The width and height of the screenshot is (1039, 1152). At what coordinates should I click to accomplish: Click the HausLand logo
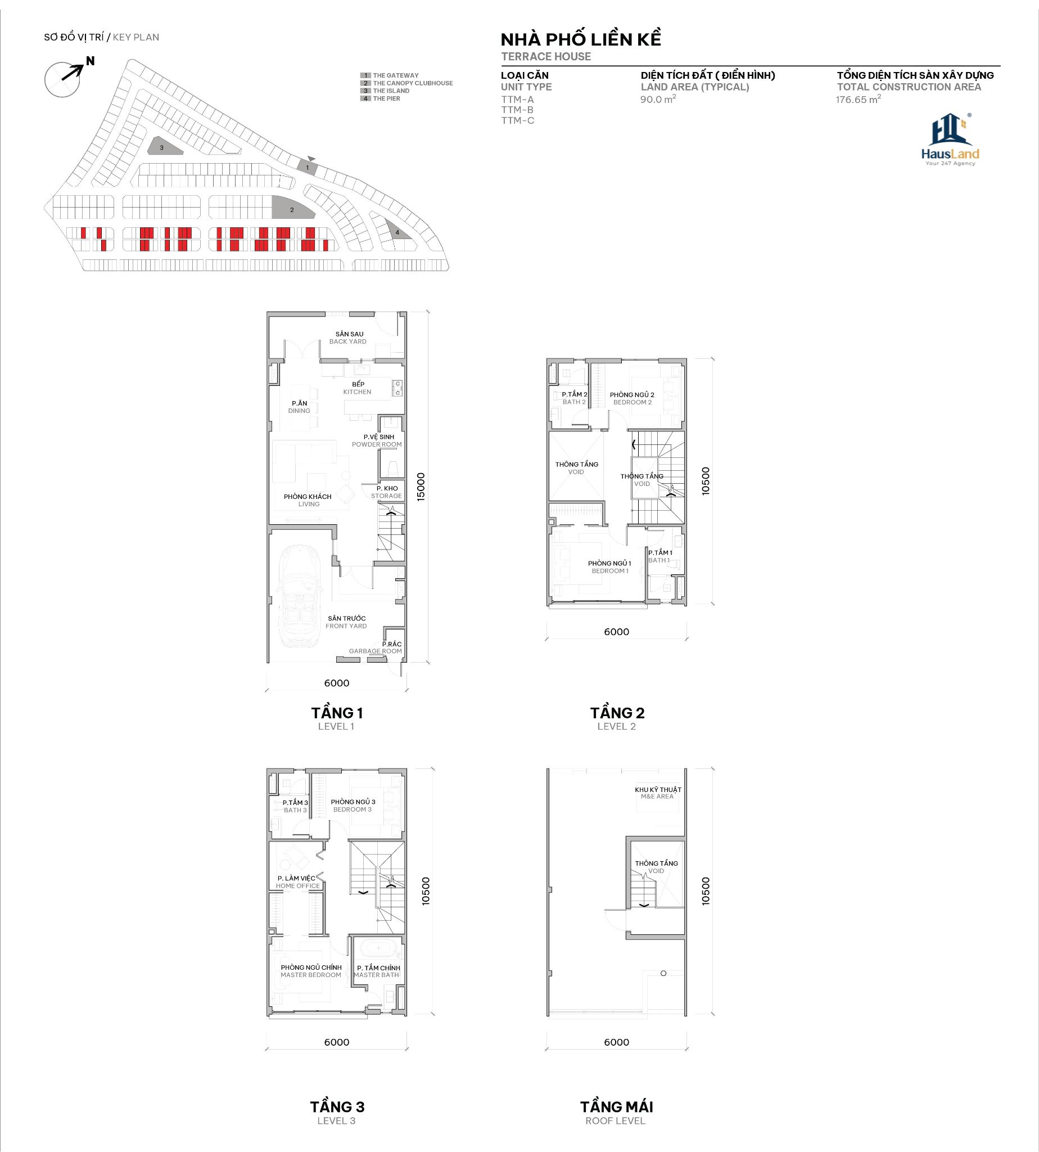click(x=950, y=140)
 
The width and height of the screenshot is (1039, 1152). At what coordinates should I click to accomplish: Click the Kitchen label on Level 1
click(x=358, y=388)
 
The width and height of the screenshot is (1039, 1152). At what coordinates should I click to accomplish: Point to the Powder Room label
click(x=377, y=440)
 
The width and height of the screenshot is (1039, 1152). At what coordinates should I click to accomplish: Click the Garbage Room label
click(x=376, y=647)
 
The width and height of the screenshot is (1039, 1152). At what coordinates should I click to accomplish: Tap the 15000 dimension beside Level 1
click(x=421, y=487)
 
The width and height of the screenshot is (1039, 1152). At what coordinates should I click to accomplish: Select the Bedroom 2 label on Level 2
click(x=632, y=398)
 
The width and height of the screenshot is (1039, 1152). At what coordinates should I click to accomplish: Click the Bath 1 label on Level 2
click(x=660, y=556)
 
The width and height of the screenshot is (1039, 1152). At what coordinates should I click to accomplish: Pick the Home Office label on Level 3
click(x=297, y=882)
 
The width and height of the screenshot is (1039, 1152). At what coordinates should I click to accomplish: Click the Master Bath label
click(x=377, y=971)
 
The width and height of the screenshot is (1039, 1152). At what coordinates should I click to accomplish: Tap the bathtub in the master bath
click(x=377, y=949)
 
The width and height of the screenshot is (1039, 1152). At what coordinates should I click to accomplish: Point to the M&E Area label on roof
click(x=658, y=793)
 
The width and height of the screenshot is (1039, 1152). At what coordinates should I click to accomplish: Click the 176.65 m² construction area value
click(x=858, y=100)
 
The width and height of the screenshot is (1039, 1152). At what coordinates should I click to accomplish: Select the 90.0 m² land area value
click(x=658, y=100)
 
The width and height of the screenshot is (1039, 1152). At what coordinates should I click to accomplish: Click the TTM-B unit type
click(x=517, y=110)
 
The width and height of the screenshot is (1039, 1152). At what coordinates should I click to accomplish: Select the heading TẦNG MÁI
click(x=617, y=1106)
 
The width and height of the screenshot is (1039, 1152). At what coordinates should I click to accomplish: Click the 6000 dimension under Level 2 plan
click(x=617, y=632)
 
